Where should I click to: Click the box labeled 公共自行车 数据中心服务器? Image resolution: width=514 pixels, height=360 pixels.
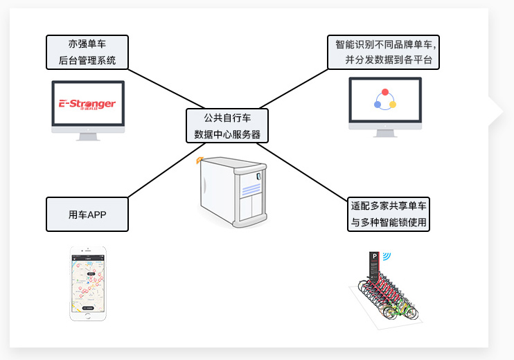point(227,125)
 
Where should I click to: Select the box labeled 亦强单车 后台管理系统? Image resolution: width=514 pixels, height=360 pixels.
point(87,53)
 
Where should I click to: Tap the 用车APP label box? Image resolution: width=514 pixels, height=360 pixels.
point(87,215)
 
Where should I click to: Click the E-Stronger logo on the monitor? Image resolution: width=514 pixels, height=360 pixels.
point(87,105)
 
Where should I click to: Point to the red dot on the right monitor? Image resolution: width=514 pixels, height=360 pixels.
point(385,92)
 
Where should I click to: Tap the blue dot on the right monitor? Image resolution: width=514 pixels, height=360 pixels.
point(377,105)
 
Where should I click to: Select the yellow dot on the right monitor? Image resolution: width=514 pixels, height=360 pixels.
point(393,105)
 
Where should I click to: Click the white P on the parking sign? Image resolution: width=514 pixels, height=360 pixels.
point(374,256)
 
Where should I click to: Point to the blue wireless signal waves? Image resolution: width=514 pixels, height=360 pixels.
point(387,255)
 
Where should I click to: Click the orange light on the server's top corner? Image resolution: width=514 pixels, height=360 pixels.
point(199,161)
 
